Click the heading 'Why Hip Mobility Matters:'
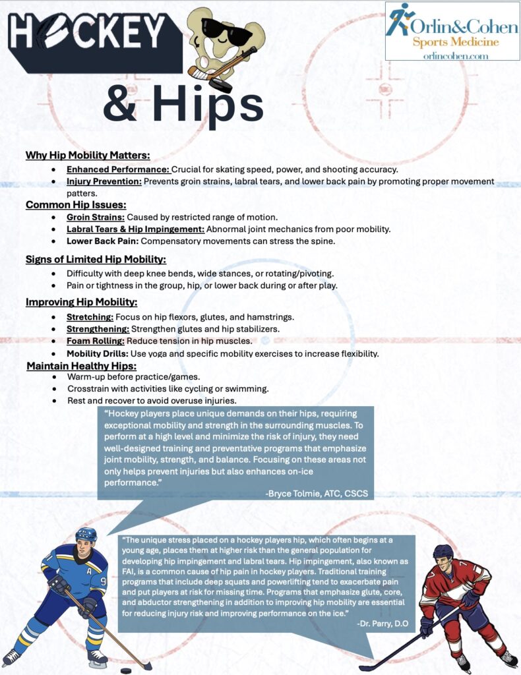point(88,156)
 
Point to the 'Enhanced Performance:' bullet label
point(117,169)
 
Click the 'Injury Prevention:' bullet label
point(104,181)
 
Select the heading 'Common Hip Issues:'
point(76,205)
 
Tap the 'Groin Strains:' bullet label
point(96,217)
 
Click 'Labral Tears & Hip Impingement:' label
point(135,229)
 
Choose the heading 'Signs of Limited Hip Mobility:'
point(96,259)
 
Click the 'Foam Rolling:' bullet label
point(95,341)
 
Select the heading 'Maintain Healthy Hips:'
point(82,366)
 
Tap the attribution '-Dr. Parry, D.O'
point(384,622)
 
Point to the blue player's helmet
point(86,535)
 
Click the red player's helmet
point(443,551)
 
